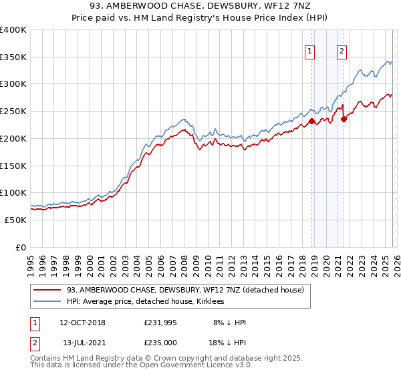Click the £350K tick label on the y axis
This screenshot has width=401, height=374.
(13, 57)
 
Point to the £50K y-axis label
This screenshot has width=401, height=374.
(15, 220)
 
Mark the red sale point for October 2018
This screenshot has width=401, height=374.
(311, 122)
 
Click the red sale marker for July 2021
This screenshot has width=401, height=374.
(344, 120)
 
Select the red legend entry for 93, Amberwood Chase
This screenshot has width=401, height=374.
(185, 290)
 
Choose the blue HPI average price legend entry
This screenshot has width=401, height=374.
(145, 301)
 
